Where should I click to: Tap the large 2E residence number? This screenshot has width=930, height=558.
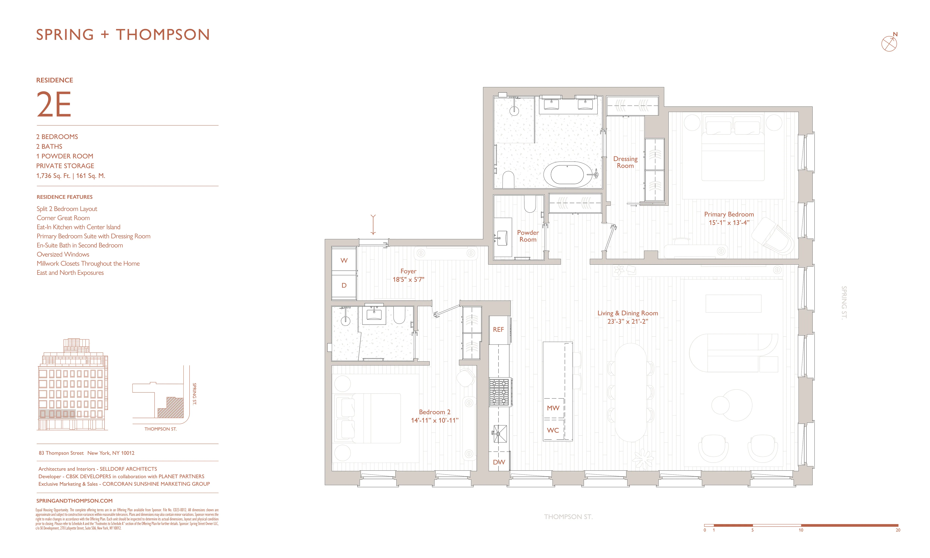54,105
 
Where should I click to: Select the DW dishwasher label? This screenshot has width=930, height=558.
499,462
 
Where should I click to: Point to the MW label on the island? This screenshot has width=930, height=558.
553,408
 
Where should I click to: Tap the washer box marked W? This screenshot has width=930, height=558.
344,260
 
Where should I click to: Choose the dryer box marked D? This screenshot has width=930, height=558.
344,285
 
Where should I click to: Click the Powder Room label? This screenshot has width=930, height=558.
528,236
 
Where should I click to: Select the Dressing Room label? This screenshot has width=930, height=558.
625,162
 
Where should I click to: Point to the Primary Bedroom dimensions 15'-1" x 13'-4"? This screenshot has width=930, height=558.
729,223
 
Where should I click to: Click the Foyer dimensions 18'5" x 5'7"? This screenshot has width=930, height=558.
408,279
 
